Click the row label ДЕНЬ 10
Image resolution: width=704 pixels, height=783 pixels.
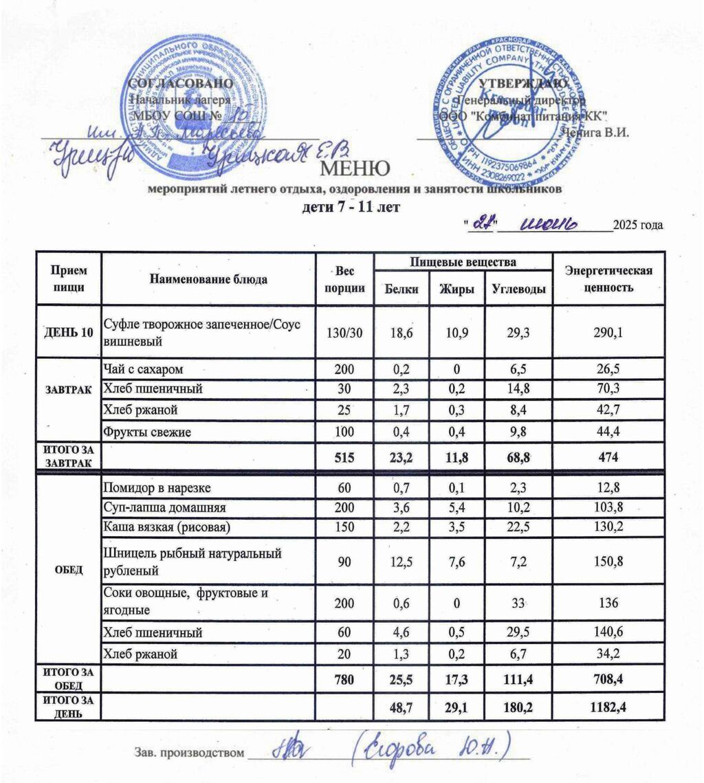68,332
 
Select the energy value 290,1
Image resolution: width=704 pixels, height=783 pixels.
608,332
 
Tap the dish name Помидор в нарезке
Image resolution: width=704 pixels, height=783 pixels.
156,489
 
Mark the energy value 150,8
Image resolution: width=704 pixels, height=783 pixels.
608,562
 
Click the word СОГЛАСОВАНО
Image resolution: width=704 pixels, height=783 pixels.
177,83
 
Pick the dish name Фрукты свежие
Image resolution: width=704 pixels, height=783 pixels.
146,432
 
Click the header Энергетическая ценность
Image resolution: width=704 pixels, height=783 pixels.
608,279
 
